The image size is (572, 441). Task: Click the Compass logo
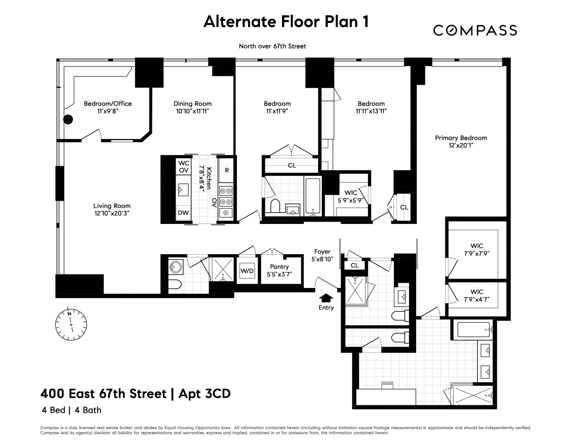[x=475, y=30]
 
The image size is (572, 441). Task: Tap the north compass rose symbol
[x=71, y=324]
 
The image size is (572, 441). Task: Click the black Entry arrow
[x=326, y=298]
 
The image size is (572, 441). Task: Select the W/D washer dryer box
[x=247, y=271]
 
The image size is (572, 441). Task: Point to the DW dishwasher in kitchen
[x=183, y=213]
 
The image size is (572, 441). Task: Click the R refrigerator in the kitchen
[x=227, y=170]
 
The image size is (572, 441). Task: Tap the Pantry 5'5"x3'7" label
[x=279, y=270]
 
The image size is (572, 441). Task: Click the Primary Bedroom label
[x=461, y=138]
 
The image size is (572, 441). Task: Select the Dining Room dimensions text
[x=192, y=111]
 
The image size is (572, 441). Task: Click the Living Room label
[x=112, y=206]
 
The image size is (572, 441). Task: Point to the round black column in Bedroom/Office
[x=68, y=119]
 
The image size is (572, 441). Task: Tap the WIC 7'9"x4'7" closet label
[x=476, y=295]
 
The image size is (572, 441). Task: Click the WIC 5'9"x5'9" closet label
[x=351, y=196]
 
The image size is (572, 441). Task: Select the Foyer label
[x=322, y=252]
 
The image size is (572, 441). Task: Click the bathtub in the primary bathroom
[x=473, y=330]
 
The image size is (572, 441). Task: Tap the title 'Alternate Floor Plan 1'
[x=286, y=21]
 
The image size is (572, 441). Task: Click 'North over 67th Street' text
[x=272, y=46]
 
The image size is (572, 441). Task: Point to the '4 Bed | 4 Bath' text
[x=71, y=410]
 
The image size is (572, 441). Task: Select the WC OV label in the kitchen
[x=184, y=166]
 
